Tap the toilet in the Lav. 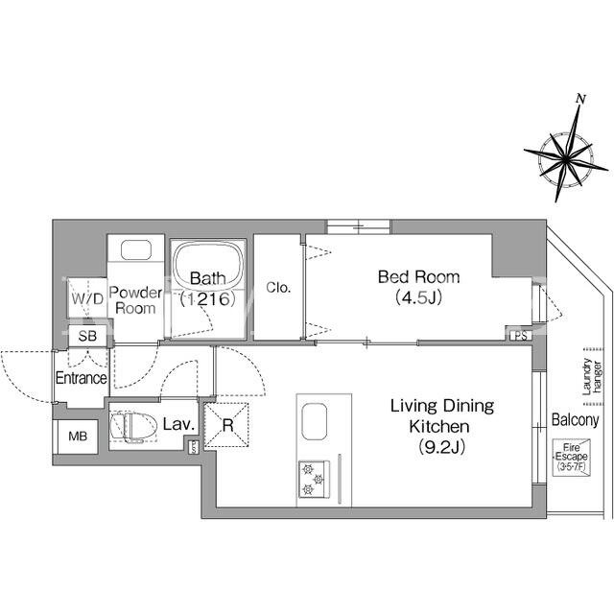coord(133,427)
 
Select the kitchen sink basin coord(314,421)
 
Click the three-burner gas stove coord(314,480)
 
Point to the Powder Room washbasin coord(136,249)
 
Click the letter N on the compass coord(581,99)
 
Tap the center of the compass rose coord(566,158)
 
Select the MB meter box coord(78,437)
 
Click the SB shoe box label coord(87,336)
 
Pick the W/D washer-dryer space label coord(87,298)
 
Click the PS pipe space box coord(520,336)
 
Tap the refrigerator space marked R coord(227,425)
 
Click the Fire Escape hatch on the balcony coord(572,457)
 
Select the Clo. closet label coord(278,288)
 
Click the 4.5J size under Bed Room coord(419,297)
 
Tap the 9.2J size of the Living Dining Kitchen coord(442,447)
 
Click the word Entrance coord(81,378)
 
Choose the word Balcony coord(576,420)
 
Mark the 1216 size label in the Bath coord(208,299)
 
